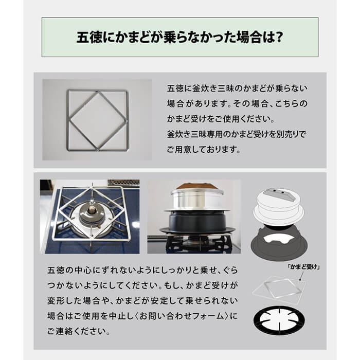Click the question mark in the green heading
pyautogui.click(x=279, y=37)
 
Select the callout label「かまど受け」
pyautogui.click(x=304, y=266)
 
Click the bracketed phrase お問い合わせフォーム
pyautogui.click(x=182, y=316)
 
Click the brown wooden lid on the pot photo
pyautogui.click(x=196, y=186)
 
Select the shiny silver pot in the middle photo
pyautogui.click(x=197, y=199)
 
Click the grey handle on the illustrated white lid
pyautogui.click(x=279, y=194)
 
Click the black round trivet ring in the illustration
pyautogui.click(x=279, y=320)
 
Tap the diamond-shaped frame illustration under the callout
pyautogui.click(x=279, y=290)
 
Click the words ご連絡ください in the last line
pyautogui.click(x=79, y=331)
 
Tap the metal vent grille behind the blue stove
pyautogui.click(x=123, y=183)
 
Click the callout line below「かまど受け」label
pyautogui.click(x=301, y=276)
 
